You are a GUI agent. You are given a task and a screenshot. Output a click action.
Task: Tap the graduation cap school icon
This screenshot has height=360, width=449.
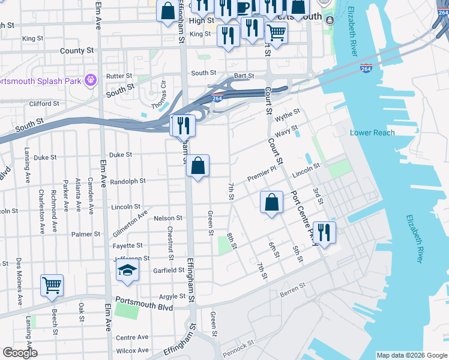[127, 272]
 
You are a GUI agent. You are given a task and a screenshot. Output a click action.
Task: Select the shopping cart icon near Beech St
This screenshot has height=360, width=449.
[52, 286]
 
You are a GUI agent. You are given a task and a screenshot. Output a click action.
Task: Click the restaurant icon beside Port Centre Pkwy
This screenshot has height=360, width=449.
[324, 232]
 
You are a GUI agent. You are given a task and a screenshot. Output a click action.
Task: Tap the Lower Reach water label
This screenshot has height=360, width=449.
[372, 133]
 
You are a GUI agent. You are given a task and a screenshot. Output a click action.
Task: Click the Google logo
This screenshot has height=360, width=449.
[20, 353]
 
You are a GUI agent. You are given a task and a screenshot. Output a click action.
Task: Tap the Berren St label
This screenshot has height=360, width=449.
[293, 293]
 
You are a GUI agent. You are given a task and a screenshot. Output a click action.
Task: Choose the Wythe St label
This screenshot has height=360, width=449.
[288, 114]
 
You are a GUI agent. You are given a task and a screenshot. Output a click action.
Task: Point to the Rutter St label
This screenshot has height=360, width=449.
[119, 76]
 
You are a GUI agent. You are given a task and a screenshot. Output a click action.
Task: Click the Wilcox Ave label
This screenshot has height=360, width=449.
[132, 350]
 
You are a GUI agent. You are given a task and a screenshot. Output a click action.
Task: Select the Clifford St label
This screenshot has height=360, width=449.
[44, 103]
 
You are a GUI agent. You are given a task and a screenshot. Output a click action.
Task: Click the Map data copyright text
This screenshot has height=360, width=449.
[411, 355]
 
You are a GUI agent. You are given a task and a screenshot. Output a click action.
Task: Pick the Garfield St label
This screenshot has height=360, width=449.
[168, 270]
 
